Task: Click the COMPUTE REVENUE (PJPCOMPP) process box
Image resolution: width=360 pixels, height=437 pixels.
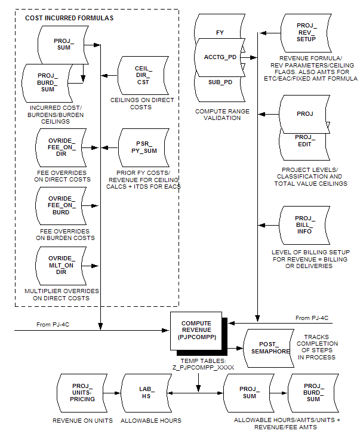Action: (196, 331)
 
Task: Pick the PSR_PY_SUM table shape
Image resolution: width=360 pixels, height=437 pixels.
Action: (143, 147)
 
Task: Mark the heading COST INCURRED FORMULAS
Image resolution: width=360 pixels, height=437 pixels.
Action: (69, 19)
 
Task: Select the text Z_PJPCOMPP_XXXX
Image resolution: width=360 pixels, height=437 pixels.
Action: (196, 368)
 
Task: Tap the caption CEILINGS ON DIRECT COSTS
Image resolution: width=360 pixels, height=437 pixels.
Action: (143, 103)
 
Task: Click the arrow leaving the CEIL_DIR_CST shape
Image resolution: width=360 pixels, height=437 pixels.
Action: (110, 75)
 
